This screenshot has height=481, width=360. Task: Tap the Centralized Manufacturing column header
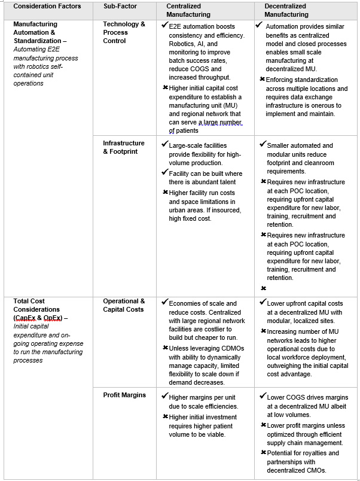188,10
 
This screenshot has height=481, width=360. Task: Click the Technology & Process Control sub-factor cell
124,32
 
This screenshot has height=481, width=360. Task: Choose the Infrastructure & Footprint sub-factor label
124,147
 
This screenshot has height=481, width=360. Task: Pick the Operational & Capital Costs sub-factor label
124,305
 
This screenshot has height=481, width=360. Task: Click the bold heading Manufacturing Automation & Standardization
44,32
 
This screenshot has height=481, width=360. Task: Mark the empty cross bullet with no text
263,288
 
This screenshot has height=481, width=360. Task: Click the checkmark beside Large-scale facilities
164,144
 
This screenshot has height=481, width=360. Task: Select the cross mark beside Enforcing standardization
263,79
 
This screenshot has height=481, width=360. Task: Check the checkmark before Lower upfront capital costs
263,302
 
